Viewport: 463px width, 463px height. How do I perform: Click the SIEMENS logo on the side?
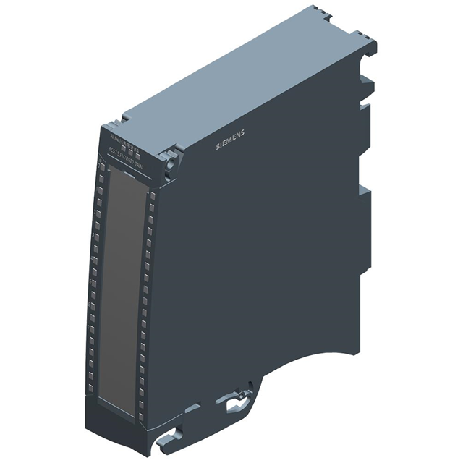coord(231,140)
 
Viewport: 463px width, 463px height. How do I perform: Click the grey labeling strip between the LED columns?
coord(122,282)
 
